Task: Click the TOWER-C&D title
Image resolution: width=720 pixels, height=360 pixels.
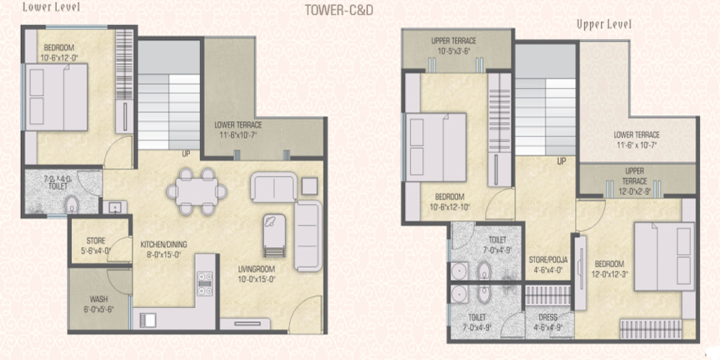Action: pyautogui.click(x=339, y=10)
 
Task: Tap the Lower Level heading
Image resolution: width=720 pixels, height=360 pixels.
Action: pyautogui.click(x=51, y=7)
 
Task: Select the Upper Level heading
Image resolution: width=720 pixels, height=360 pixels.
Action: pyautogui.click(x=604, y=24)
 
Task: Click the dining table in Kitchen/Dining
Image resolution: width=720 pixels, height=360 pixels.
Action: pyautogui.click(x=197, y=192)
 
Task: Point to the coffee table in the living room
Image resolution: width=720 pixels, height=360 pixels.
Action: pyautogui.click(x=274, y=237)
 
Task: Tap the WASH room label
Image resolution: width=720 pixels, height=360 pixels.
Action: pyautogui.click(x=99, y=304)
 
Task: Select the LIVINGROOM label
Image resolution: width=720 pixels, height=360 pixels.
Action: pyautogui.click(x=256, y=273)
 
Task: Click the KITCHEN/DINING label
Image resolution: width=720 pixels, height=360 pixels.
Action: pyautogui.click(x=164, y=248)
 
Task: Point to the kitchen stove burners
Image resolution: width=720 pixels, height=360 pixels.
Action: pyautogui.click(x=204, y=283)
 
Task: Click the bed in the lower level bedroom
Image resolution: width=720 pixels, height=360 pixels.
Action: pyautogui.click(x=56, y=97)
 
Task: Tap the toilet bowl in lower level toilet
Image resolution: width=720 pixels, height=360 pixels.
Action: pyautogui.click(x=71, y=205)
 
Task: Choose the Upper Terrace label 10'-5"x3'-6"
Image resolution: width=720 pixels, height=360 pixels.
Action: pyautogui.click(x=454, y=46)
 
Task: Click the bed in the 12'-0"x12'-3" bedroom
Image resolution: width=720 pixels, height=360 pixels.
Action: pyautogui.click(x=664, y=256)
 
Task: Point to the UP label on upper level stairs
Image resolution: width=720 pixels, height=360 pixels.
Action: pyautogui.click(x=561, y=161)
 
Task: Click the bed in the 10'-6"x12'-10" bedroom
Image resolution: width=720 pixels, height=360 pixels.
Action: pyautogui.click(x=435, y=148)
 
